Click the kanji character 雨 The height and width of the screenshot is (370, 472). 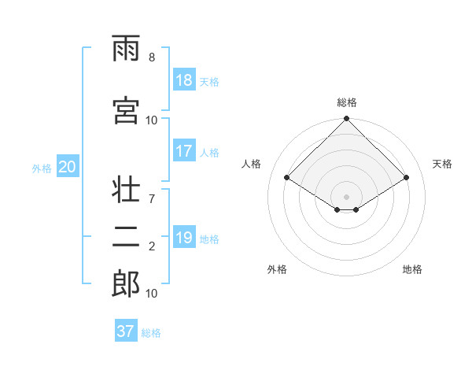(126, 51)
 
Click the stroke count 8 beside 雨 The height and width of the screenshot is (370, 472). (152, 58)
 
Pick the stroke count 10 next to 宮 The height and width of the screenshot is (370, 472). (152, 120)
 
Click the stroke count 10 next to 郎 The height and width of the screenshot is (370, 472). (152, 293)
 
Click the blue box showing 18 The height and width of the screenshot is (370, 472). (184, 80)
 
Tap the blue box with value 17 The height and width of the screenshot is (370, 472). (184, 151)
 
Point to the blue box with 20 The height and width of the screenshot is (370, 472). (68, 167)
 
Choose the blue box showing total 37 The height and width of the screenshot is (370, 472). (126, 331)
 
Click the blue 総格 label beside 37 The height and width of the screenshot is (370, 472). (152, 333)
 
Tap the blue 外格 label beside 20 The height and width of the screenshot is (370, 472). (42, 168)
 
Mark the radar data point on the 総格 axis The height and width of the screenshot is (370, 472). (346, 120)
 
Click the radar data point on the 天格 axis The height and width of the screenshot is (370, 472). (407, 178)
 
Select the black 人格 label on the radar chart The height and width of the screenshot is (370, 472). (252, 164)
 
